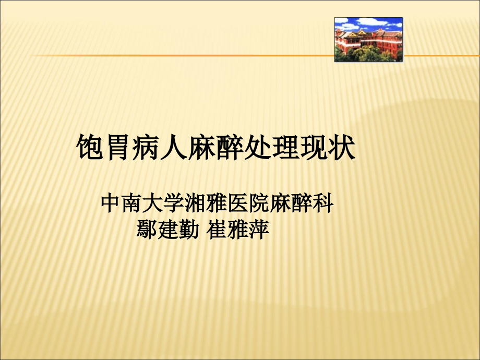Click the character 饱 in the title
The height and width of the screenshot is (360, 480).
click(92, 148)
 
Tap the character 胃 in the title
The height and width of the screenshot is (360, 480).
click(119, 148)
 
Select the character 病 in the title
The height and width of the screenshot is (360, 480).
click(148, 148)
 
